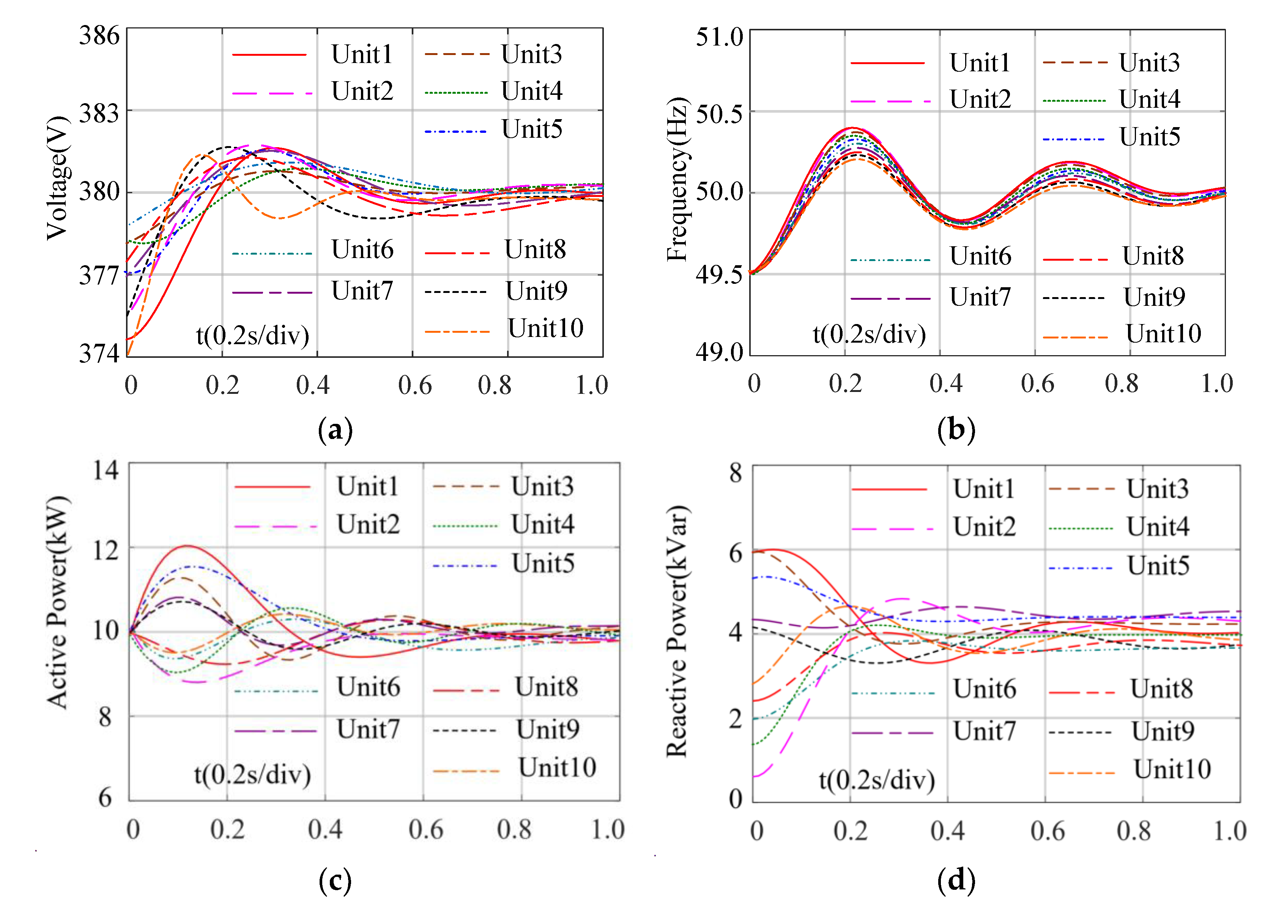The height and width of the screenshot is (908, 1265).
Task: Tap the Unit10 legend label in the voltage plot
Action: (x=545, y=329)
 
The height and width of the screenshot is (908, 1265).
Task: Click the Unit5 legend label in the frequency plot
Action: (x=1150, y=137)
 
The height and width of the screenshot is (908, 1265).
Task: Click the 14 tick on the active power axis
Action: (x=106, y=470)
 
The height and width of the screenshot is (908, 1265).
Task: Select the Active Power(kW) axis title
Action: (x=58, y=602)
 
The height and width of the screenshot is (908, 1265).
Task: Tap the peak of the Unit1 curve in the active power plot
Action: (x=187, y=546)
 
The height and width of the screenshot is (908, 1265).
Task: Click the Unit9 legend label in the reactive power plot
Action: (x=1163, y=731)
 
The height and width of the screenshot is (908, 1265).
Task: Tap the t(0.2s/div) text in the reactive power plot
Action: (x=877, y=780)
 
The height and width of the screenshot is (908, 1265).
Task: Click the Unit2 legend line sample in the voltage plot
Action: (x=272, y=93)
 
